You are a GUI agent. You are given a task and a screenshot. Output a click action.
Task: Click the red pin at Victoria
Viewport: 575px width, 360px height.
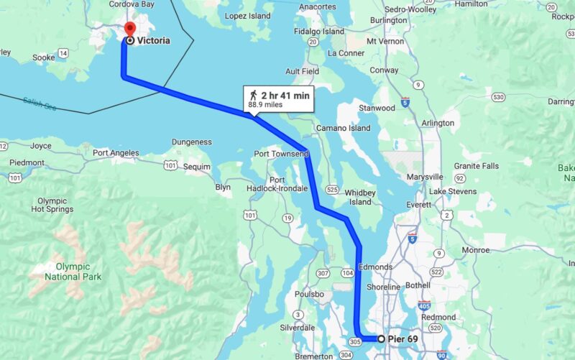(x=129, y=29)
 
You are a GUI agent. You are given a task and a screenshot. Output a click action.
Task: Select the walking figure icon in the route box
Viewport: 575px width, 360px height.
(x=252, y=94)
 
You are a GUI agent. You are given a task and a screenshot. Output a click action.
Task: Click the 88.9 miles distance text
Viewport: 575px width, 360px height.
(x=264, y=104)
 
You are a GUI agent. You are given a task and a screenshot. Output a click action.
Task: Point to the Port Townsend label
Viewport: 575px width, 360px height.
(x=280, y=154)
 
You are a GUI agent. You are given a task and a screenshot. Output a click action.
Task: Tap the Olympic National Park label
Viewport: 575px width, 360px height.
(x=73, y=272)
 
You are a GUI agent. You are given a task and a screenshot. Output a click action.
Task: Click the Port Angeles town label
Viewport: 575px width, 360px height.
(x=116, y=152)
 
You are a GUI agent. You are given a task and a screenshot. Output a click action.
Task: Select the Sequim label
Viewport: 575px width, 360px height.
(x=198, y=167)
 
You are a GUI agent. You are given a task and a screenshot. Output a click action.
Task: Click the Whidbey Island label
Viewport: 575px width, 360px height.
(x=360, y=197)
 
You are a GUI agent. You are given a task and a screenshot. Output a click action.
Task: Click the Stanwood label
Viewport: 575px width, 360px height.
(x=377, y=108)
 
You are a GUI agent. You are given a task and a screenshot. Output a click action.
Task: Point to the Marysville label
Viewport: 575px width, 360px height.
(x=425, y=176)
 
